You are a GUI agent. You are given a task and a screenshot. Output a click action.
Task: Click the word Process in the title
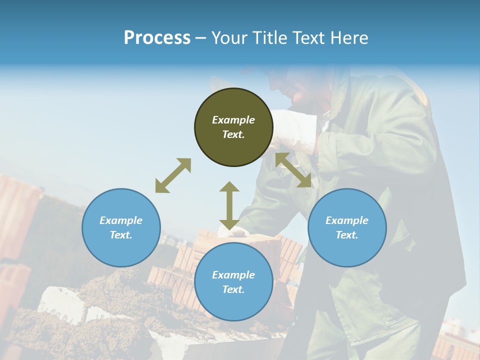157,37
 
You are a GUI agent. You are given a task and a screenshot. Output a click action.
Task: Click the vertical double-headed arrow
229,205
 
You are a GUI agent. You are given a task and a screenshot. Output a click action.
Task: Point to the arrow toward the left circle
173,175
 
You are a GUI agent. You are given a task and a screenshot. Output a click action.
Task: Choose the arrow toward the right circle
293,170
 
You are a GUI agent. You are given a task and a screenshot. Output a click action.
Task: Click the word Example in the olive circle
233,120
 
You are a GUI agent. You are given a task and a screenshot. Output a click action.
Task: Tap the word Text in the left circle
121,235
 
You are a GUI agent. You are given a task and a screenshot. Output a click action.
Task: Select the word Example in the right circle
347,220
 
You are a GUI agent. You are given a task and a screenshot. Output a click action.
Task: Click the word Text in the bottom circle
233,289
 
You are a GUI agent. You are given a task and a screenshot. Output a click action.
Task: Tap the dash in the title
201,38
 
